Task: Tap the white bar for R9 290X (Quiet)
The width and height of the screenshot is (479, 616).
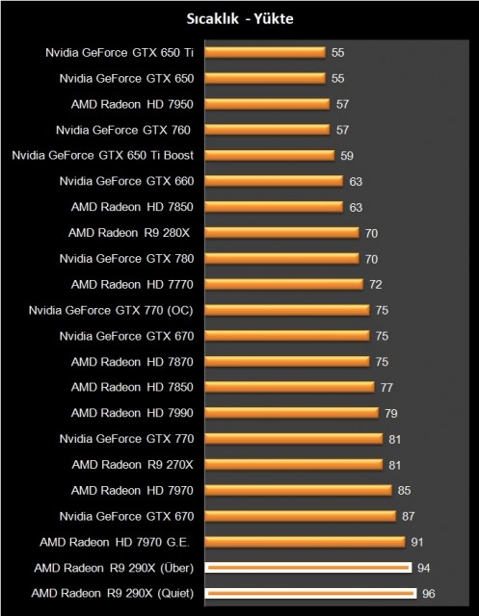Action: click(x=309, y=593)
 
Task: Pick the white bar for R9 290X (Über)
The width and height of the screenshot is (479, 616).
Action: click(x=307, y=568)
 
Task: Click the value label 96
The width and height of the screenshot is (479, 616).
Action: click(x=430, y=593)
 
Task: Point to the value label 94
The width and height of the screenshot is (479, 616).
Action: click(x=425, y=568)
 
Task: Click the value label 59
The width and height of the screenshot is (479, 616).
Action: click(x=347, y=154)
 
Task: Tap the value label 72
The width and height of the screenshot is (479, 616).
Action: click(x=376, y=284)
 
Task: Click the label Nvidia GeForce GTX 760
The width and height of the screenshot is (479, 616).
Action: click(x=122, y=128)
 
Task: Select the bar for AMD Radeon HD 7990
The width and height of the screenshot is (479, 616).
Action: click(x=291, y=412)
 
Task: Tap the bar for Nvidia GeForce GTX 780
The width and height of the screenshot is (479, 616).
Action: click(x=280, y=258)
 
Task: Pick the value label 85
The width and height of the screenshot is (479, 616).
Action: click(x=405, y=490)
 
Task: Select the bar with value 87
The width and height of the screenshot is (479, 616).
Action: click(x=300, y=516)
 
